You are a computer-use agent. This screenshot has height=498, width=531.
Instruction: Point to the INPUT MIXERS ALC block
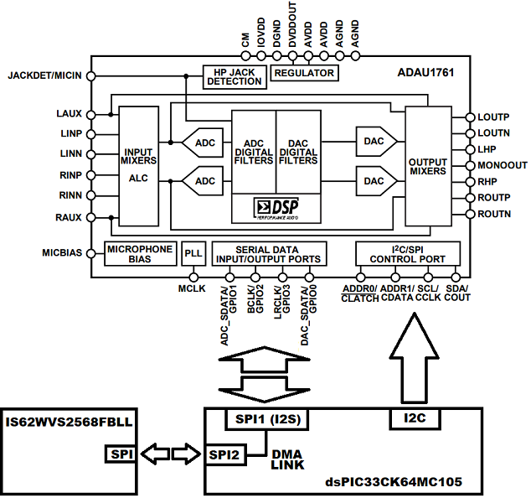(x=137, y=165)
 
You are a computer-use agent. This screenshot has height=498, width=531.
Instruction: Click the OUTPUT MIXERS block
(x=428, y=165)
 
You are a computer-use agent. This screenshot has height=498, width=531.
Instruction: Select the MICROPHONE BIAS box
(x=138, y=254)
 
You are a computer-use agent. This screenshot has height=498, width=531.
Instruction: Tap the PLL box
(x=193, y=254)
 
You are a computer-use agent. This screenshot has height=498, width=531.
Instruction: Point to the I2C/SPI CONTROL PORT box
(x=407, y=254)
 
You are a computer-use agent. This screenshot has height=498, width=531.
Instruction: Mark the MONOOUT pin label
(x=503, y=165)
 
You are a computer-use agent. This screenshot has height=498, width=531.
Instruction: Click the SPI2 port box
(x=223, y=454)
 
